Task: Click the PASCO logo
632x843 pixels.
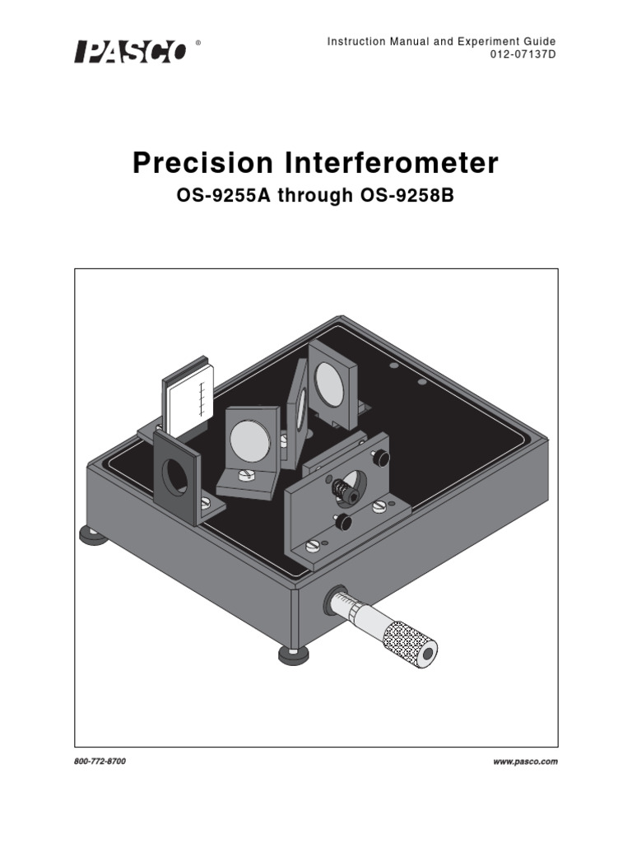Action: (131, 52)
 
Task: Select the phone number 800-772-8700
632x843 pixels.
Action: (100, 761)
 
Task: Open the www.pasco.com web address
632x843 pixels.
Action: (525, 761)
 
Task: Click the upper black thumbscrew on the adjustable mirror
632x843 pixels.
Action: (380, 456)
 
